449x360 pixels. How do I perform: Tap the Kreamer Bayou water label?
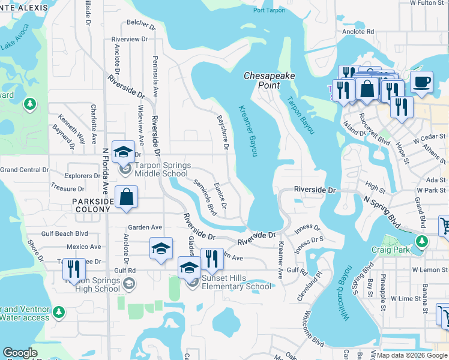click(x=247, y=131)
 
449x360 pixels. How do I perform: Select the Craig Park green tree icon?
click(x=422, y=241)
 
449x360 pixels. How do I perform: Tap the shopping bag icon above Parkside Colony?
click(x=127, y=197)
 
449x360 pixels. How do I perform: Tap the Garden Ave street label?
click(x=145, y=227)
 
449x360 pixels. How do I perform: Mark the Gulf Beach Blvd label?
click(x=64, y=233)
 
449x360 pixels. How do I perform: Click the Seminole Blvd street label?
click(x=205, y=197)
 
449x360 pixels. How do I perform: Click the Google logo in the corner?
click(x=20, y=353)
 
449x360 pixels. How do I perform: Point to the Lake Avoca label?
click(x=14, y=37)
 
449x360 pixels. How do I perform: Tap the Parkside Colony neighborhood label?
click(x=92, y=205)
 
